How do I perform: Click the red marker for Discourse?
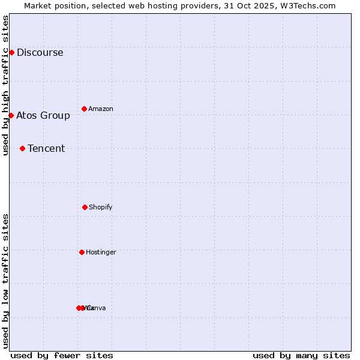[11, 52]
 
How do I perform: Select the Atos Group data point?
[11, 115]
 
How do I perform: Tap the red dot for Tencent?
[22, 148]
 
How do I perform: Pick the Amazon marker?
[84, 109]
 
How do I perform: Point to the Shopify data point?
[85, 207]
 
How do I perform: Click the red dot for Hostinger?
[82, 252]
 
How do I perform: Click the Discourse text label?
[40, 52]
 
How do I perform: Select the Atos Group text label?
[43, 115]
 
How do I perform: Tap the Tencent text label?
[46, 148]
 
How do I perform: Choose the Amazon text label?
[101, 109]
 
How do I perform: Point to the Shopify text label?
[101, 207]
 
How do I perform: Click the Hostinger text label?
[101, 252]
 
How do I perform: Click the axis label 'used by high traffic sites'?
[5, 85]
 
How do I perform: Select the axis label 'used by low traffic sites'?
[5, 281]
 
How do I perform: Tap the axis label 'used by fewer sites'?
[62, 355]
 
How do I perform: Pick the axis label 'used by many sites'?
[301, 355]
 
